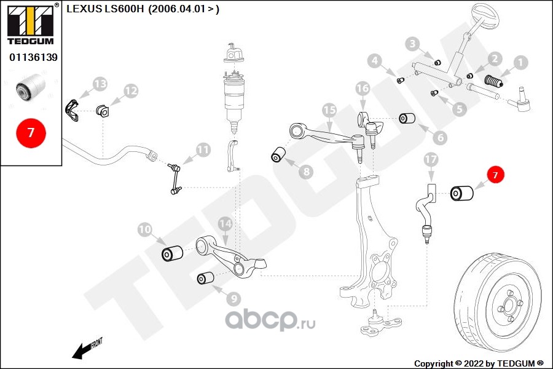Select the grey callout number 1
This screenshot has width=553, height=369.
coord(520,62)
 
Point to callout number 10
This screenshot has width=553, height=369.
coord(144,230)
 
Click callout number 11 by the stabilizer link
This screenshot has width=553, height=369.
coord(203,149)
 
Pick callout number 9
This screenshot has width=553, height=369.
coord(233,299)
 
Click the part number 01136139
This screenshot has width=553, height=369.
coord(33,57)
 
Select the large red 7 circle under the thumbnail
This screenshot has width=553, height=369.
coord(31,132)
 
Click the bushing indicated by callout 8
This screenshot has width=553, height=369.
coord(278,154)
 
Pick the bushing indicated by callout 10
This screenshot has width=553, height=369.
coord(172,253)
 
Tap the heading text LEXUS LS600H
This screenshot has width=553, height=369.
coord(104,9)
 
